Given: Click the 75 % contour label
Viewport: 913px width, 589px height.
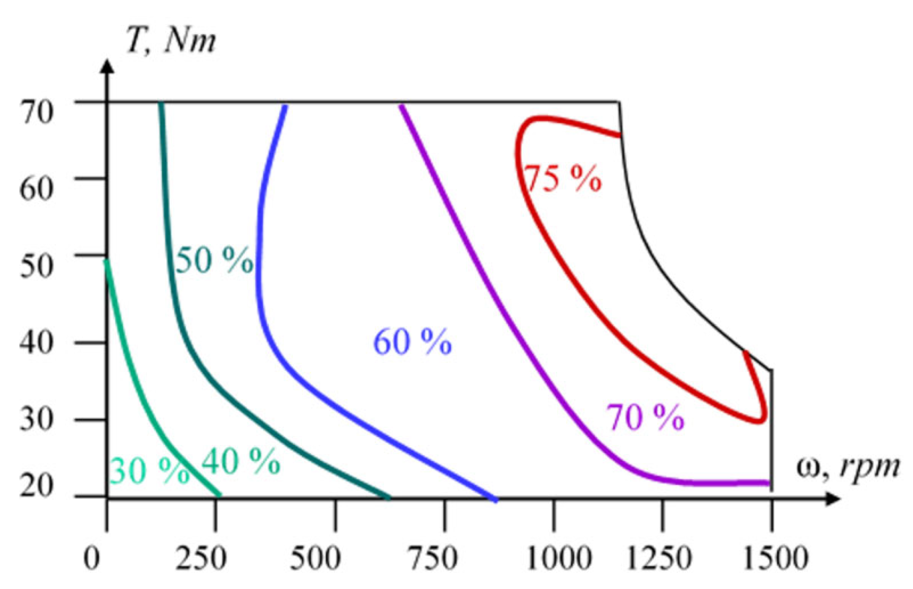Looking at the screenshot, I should pos(563,179).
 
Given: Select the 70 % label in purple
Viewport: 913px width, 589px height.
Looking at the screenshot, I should pos(645,417).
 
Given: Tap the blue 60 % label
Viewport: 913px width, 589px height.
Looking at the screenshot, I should pos(412,342).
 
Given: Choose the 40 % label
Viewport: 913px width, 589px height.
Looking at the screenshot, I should pos(240,461).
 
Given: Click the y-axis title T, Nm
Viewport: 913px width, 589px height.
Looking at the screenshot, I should pos(171,41).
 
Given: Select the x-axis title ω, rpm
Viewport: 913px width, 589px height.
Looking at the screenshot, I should pos(847,467).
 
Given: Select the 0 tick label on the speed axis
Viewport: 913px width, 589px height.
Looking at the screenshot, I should pos(92,557).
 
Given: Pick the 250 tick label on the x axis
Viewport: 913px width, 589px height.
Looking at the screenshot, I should pos(201,557).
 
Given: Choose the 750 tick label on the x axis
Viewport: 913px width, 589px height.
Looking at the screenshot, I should pos(432,557).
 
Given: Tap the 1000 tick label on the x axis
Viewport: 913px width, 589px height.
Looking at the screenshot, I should pos(559,557).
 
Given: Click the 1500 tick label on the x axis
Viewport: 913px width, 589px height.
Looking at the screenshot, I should pos(775,557).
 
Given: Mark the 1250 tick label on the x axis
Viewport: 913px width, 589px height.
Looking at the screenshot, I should pos(659,557).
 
